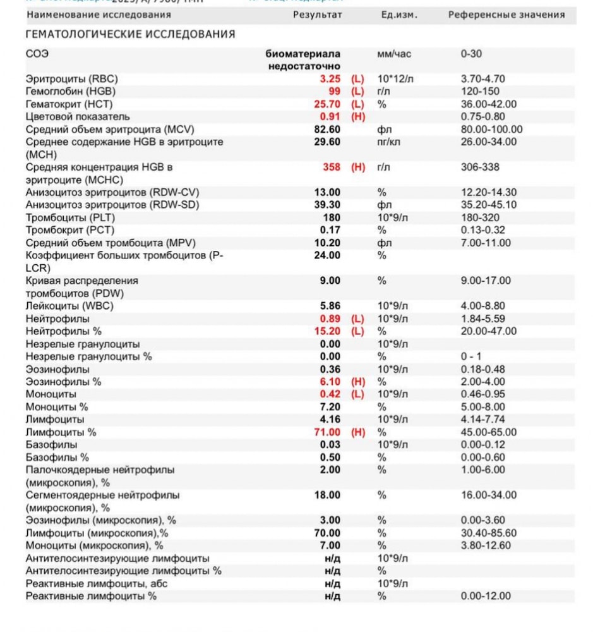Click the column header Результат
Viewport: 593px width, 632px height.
(318, 15)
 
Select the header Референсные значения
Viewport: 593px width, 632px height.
(506, 15)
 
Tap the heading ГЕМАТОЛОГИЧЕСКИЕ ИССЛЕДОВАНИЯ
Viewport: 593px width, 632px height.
(130, 35)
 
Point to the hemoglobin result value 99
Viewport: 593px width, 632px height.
(335, 92)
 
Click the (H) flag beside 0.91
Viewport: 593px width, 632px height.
(358, 117)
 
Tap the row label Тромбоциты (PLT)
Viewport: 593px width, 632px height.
(70, 217)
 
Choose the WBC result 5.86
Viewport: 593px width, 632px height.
(330, 306)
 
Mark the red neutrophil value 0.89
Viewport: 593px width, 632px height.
(330, 319)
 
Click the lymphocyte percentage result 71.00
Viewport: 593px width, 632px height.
(327, 432)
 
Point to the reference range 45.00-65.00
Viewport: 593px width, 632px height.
(489, 432)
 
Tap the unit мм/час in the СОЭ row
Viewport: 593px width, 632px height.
(394, 54)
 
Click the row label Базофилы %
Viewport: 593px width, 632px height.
(57, 457)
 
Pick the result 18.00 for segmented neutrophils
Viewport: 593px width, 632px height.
(327, 495)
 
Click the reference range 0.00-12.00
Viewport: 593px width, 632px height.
(486, 596)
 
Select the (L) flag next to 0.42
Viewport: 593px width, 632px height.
(358, 394)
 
